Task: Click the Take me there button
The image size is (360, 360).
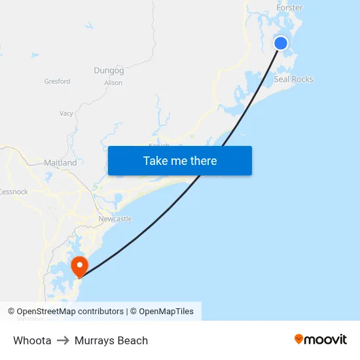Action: click(180, 161)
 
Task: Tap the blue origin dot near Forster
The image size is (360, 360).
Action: click(281, 43)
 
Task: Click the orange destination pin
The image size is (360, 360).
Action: click(79, 266)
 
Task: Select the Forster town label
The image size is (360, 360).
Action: click(289, 8)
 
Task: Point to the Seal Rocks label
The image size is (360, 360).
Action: click(293, 79)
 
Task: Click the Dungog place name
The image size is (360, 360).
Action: click(109, 70)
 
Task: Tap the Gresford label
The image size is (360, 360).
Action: click(57, 82)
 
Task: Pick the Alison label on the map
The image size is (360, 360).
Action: click(113, 83)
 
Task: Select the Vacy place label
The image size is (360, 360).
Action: click(66, 113)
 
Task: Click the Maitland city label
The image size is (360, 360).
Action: click(60, 162)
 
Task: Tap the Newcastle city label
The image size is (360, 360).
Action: click(115, 219)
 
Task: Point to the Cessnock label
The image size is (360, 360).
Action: click(14, 192)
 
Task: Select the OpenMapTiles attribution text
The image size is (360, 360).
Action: click(166, 312)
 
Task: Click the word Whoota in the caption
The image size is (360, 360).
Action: click(32, 340)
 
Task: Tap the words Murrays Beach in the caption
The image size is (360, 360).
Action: click(111, 340)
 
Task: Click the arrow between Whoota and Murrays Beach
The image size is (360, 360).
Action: click(63, 340)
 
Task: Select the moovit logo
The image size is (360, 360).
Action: click(321, 339)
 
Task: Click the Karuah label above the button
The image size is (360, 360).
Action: click(159, 145)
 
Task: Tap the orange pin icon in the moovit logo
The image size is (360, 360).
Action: click(299, 339)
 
